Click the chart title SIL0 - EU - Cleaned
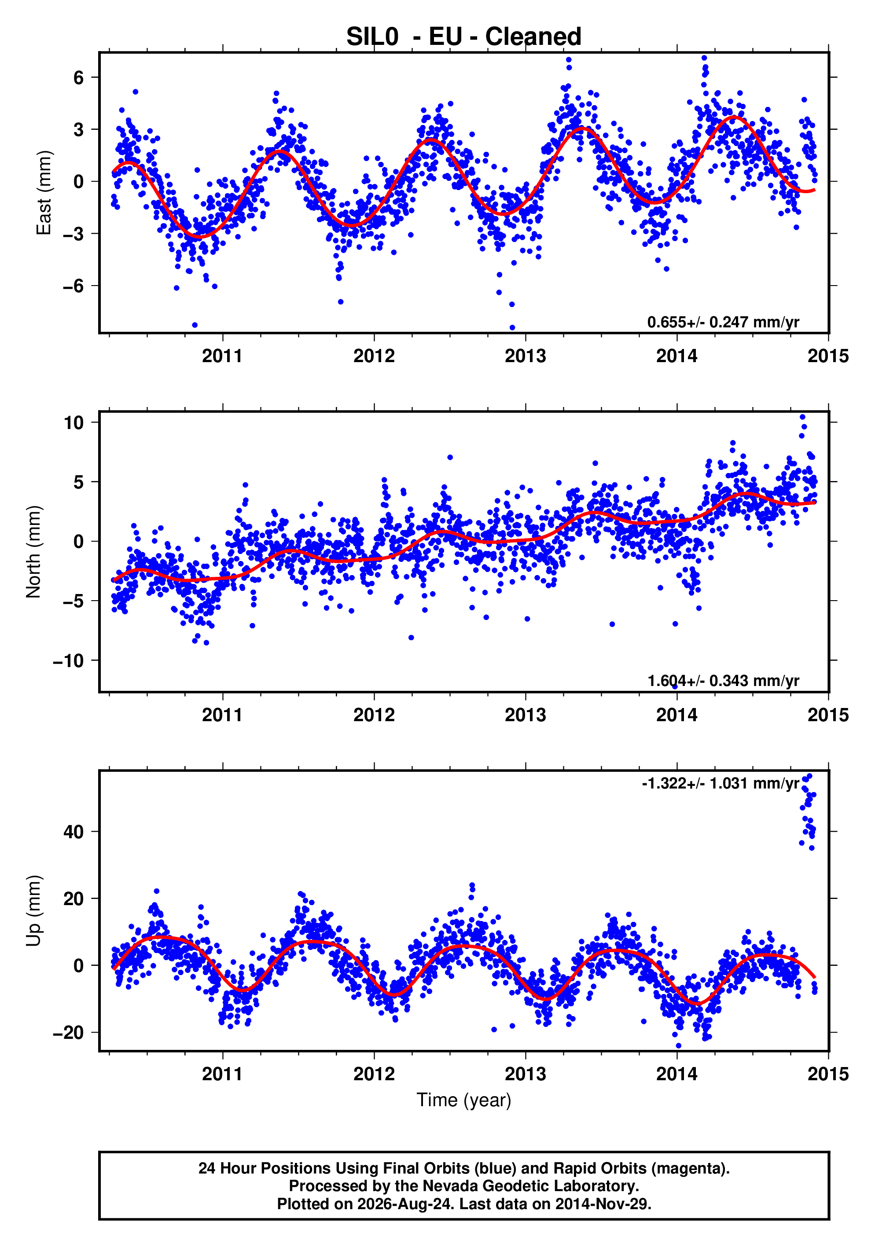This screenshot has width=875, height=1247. [464, 37]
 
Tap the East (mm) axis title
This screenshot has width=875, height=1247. [44, 193]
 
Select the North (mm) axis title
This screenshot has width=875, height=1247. [34, 552]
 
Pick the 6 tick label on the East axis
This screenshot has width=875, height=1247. [79, 78]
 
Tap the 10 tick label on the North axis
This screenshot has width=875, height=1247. [74, 422]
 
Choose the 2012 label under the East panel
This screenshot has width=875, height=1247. [374, 356]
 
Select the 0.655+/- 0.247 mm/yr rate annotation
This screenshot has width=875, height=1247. [723, 322]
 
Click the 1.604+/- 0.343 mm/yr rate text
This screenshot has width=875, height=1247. [723, 681]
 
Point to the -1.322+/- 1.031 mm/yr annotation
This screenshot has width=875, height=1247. [720, 783]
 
